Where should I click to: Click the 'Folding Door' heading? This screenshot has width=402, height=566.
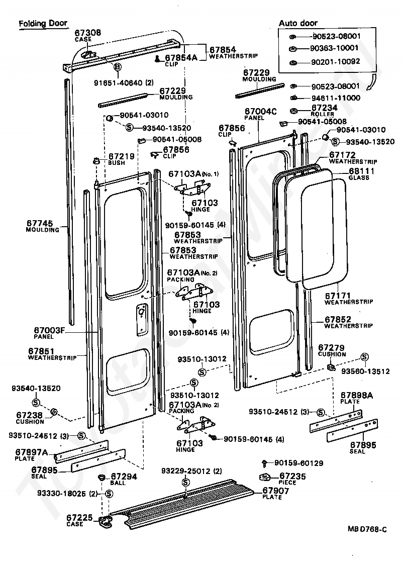pos(43,24)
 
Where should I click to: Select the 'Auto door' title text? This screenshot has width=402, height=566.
pos(298,23)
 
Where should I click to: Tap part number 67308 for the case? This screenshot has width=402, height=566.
pos(88,33)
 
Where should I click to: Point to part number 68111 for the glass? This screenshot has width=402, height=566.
pos(362,171)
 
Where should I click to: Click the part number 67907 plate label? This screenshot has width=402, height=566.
pos(276,491)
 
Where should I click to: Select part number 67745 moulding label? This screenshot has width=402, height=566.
pos(39,224)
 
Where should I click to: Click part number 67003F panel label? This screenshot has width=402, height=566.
pos(49,330)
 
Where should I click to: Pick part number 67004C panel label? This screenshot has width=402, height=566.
pos(260,112)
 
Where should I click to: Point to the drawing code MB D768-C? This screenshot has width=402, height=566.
pos(367,529)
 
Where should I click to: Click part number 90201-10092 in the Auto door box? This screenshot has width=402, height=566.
pos(336,62)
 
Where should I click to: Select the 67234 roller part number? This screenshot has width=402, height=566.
pos(325,108)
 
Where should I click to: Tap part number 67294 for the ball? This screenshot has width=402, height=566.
pos(124,477)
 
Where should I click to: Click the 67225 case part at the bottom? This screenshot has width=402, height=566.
pos(106,521)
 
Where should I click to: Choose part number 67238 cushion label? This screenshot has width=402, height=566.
pos(29,416)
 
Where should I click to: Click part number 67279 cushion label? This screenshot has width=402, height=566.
pos(331,348)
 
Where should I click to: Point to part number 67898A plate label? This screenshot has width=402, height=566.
pos(357,395)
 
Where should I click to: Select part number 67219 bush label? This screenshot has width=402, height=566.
pos(121,156)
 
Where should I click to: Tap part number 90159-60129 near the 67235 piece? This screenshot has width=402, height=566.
pos(299,463)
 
